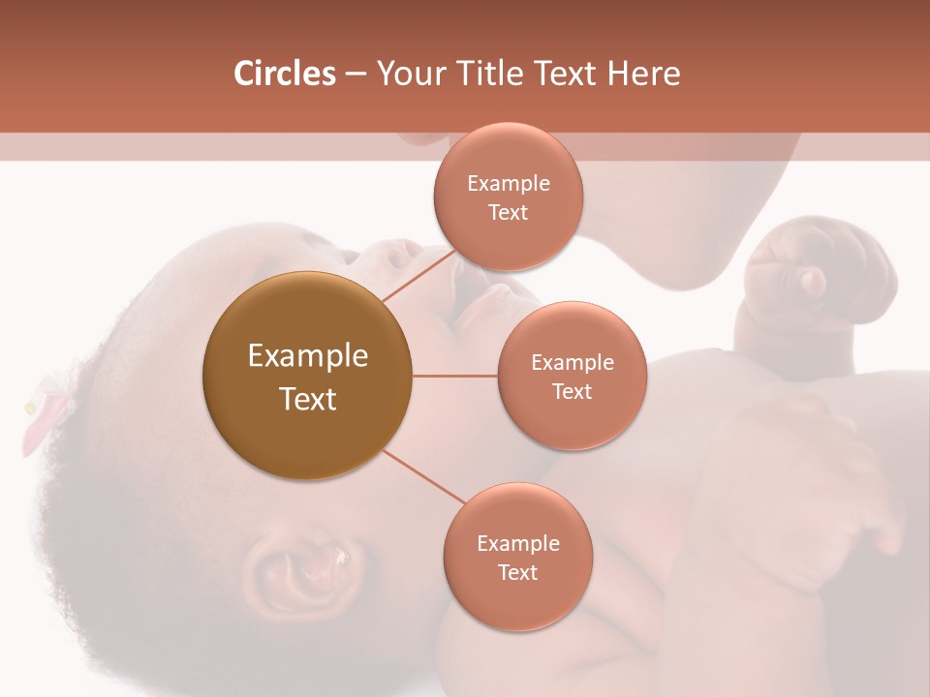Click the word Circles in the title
pyautogui.click(x=285, y=74)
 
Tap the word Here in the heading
pyautogui.click(x=643, y=74)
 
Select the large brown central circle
pyautogui.click(x=307, y=376)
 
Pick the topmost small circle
pyautogui.click(x=508, y=197)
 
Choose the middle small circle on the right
pyautogui.click(x=572, y=376)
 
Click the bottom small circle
pyautogui.click(x=517, y=557)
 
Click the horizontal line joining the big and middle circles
pyautogui.click(x=455, y=376)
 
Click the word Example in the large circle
pyautogui.click(x=307, y=356)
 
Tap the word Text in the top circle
pyautogui.click(x=508, y=212)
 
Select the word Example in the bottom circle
pyautogui.click(x=517, y=543)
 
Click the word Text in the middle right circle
pyautogui.click(x=572, y=391)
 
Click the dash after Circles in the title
pyautogui.click(x=356, y=74)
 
